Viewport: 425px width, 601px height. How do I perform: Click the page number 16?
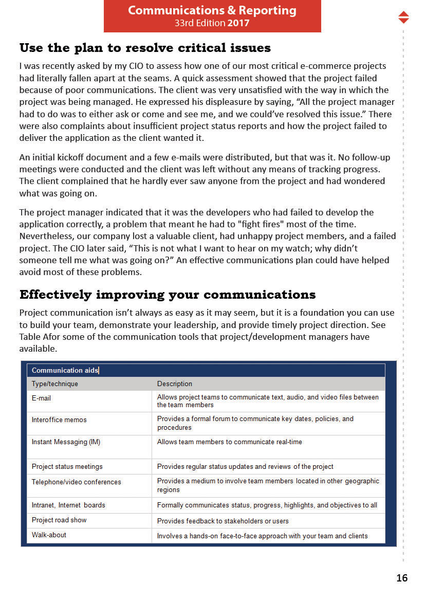(x=402, y=578)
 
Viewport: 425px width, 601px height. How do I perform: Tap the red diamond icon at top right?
(x=403, y=17)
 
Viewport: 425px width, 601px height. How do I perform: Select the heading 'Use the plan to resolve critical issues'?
(x=145, y=48)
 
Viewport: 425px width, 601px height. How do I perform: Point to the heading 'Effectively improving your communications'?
(x=168, y=295)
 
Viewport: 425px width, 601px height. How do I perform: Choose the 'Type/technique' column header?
(x=55, y=384)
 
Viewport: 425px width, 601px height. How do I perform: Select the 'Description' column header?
(x=175, y=384)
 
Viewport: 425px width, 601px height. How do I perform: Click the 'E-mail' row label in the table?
(x=41, y=398)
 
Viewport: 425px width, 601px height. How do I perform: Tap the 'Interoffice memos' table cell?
(x=59, y=420)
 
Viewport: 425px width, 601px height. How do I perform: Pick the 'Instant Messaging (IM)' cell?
(x=66, y=442)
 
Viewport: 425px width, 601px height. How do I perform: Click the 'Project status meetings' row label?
(x=67, y=466)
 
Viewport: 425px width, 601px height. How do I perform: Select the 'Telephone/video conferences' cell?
(x=76, y=482)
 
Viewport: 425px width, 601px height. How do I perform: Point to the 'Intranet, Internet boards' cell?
(x=68, y=505)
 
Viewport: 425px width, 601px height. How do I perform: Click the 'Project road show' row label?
(x=59, y=520)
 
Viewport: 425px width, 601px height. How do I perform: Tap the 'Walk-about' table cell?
(x=49, y=535)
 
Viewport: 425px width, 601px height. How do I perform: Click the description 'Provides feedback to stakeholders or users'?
(x=223, y=521)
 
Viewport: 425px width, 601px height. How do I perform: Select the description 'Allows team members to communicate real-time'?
(x=229, y=442)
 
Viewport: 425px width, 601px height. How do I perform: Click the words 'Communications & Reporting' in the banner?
(x=212, y=10)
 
